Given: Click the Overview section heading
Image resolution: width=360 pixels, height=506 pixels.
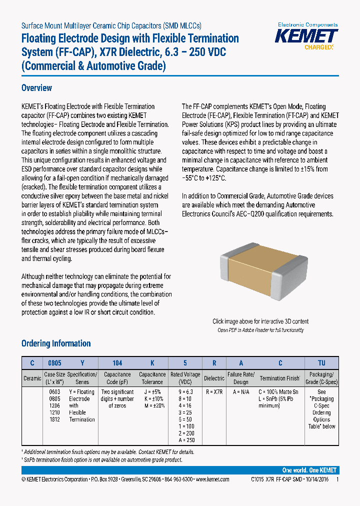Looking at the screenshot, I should pos(36,88).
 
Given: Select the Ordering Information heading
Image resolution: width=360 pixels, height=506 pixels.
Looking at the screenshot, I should pos(56,343).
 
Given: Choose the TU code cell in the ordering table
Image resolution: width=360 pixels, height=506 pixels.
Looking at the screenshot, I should pos(321,363).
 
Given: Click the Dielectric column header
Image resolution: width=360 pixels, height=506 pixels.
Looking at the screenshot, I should pos(214,378).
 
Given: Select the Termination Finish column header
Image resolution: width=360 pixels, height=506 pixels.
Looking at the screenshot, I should pos(279,378).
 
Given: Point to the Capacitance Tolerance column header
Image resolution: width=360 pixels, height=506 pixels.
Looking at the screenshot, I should pos(152,378).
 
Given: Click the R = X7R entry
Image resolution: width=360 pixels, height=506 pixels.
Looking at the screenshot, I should pos(214,392).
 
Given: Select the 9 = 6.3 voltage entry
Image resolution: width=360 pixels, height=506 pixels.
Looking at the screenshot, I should pos(185,392).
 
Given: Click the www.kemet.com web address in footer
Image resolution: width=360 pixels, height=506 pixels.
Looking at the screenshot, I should pos(212,479).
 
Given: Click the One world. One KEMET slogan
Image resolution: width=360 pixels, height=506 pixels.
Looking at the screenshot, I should pos(309,470).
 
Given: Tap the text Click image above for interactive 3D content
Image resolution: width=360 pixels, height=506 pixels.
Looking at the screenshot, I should pos(260,321).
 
